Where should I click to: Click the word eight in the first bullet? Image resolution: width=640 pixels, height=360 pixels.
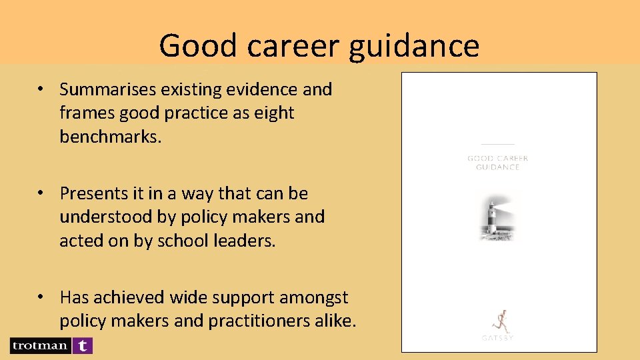pos(274,113)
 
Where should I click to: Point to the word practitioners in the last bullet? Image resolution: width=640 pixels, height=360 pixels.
pos(259,321)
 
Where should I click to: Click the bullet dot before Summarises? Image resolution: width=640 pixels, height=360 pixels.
pos(41,89)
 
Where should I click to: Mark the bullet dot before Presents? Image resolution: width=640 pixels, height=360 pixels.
pos(41,193)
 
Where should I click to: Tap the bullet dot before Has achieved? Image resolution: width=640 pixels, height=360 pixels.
pos(41,297)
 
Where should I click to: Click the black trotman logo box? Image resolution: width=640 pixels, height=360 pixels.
pos(39,345)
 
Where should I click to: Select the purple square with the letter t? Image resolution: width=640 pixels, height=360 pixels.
pos(82,345)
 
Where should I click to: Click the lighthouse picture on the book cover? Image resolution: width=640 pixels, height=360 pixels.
pos(497,215)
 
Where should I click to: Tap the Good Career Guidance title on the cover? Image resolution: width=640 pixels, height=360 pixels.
pos(497,163)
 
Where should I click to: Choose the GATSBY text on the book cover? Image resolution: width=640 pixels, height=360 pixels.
pos(497,338)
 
